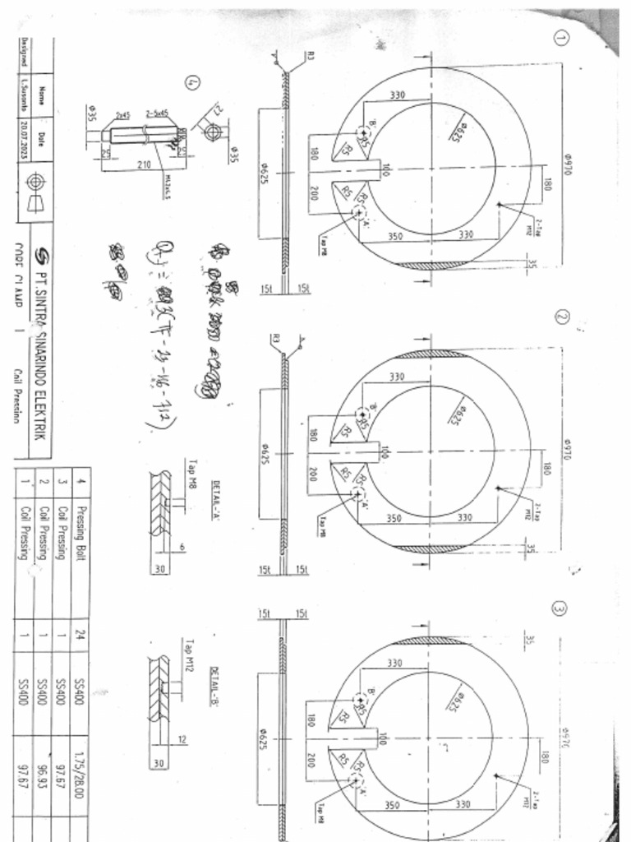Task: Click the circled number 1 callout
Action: click(x=561, y=38)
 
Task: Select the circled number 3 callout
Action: click(x=560, y=609)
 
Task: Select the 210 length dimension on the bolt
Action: click(x=145, y=164)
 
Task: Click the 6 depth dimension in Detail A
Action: click(x=182, y=547)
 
